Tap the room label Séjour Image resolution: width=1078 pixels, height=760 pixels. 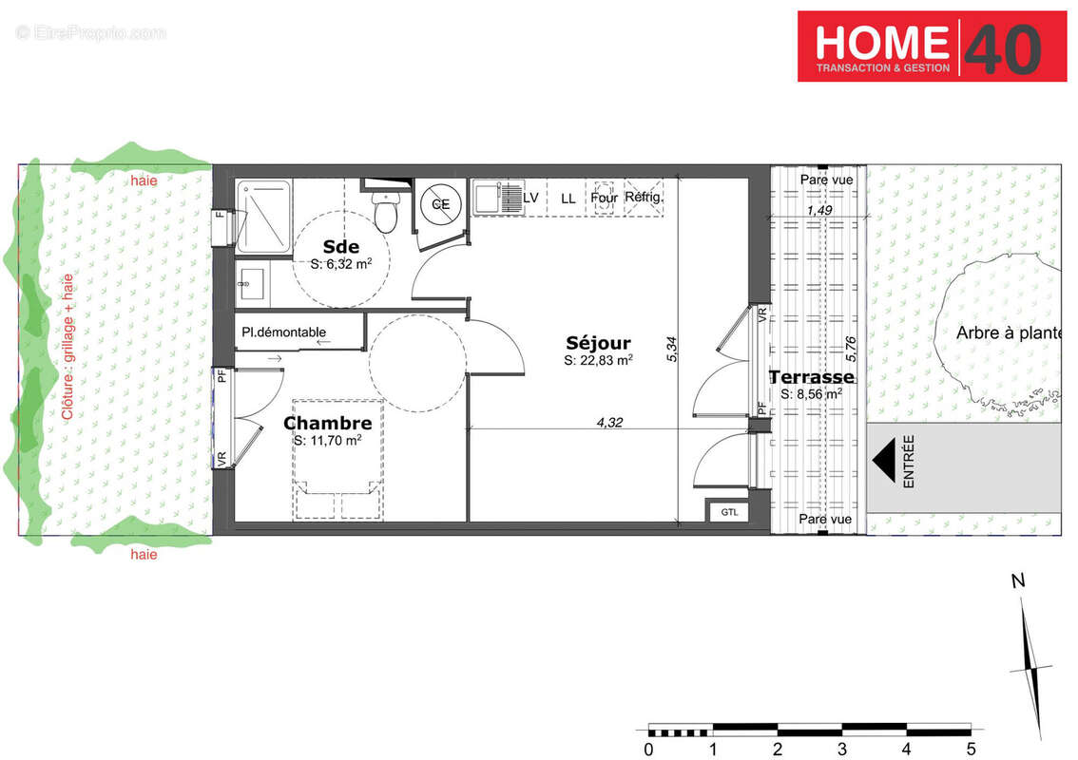(598, 343)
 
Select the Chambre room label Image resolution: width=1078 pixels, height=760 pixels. (327, 423)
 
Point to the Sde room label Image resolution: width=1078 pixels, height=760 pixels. (341, 247)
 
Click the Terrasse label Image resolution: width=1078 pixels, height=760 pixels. (811, 377)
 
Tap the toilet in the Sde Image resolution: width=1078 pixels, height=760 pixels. (385, 212)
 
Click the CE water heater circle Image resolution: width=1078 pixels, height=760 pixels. (441, 203)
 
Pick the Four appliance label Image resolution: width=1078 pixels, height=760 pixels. (604, 199)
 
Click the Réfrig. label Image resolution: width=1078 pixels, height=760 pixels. (643, 198)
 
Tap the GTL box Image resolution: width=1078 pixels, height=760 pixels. (729, 512)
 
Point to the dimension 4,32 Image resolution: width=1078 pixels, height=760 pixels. (609, 423)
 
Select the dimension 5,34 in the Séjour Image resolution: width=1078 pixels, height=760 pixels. (672, 352)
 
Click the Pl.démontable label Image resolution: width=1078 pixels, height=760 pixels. (284, 332)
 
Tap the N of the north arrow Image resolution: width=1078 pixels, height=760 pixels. (1017, 582)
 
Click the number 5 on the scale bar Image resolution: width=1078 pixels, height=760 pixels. (971, 749)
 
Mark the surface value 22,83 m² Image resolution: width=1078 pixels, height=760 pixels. (599, 361)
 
